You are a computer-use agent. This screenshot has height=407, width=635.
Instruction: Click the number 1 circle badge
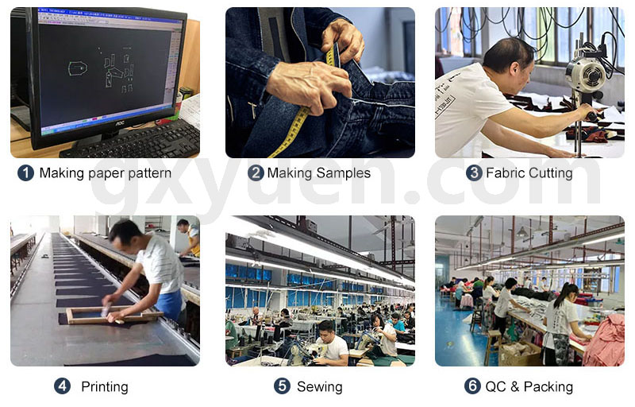click(25, 173)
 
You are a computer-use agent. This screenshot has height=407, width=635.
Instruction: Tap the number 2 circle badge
click(256, 173)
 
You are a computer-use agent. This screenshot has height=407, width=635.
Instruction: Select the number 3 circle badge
click(474, 173)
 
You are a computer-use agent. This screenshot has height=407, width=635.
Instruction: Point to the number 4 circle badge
click(63, 386)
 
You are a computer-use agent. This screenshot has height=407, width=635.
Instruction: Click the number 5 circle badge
click(283, 386)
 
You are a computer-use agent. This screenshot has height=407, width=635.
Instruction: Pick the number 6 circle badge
click(472, 386)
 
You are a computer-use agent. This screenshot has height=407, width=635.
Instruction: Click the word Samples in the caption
click(344, 173)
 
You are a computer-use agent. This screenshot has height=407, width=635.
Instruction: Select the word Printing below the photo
click(105, 387)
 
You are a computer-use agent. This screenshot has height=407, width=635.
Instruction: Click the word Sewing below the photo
click(320, 387)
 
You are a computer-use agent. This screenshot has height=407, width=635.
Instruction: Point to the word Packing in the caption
click(548, 387)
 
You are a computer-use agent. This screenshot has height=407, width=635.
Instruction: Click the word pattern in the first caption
click(149, 173)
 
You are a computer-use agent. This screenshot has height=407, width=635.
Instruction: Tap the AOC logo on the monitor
click(120, 122)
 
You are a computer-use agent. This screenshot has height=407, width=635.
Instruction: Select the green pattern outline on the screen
click(78, 68)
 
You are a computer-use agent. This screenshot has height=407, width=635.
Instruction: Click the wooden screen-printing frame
click(113, 316)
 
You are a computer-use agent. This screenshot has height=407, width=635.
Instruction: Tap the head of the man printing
click(125, 236)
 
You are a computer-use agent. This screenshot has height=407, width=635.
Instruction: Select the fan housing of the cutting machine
click(587, 74)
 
